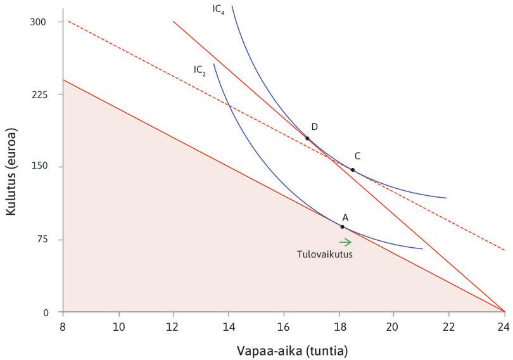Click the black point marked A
tap(342, 226)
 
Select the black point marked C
tap(353, 170)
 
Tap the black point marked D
tap(307, 138)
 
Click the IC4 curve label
tap(218, 10)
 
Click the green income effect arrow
tap(345, 241)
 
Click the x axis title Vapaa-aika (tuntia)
tap(283, 350)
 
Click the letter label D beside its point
tap(314, 127)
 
